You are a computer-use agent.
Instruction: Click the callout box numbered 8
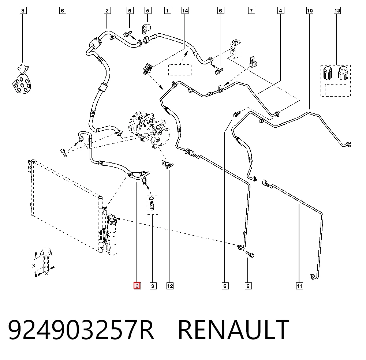pyautogui.click(x=23, y=11)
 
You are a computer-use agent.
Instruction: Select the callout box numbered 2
pyautogui.click(x=107, y=11)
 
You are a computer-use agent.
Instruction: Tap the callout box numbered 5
pyautogui.click(x=147, y=11)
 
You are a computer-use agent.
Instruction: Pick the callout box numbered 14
pyautogui.click(x=185, y=11)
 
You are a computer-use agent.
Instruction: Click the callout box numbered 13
pyautogui.click(x=337, y=11)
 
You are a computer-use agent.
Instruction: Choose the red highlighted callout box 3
pyautogui.click(x=137, y=286)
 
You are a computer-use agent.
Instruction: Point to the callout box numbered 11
pyautogui.click(x=299, y=286)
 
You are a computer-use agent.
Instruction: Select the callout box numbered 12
pyautogui.click(x=170, y=286)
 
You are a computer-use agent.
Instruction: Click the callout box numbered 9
pyautogui.click(x=153, y=286)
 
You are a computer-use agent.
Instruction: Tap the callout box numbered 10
pyautogui.click(x=310, y=11)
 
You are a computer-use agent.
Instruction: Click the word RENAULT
pyautogui.click(x=234, y=330)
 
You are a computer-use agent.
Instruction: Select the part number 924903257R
pyautogui.click(x=81, y=330)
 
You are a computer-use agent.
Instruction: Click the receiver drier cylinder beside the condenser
pyautogui.click(x=112, y=231)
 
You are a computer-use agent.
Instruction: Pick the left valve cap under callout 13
pyautogui.click(x=328, y=73)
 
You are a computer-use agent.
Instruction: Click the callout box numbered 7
pyautogui.click(x=251, y=11)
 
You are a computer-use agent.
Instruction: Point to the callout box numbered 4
pyautogui.click(x=281, y=11)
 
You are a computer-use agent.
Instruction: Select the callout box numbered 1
pyautogui.click(x=167, y=11)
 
